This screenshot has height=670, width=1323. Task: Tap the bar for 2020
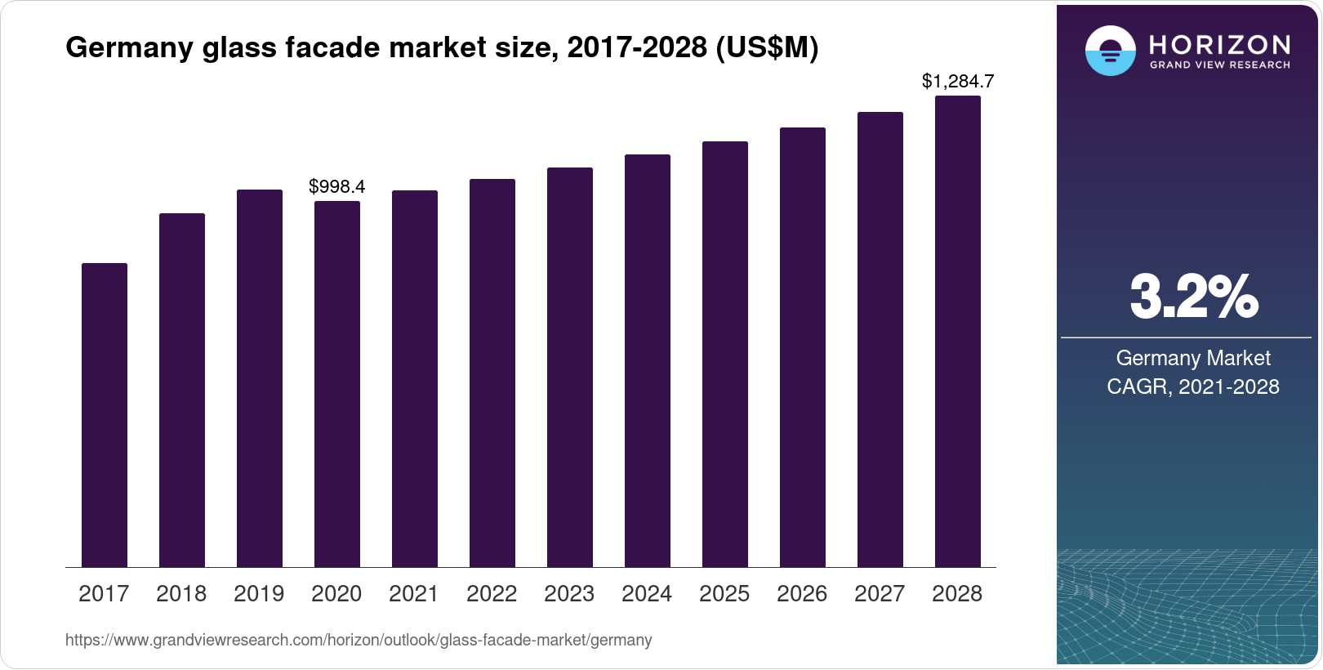click(337, 384)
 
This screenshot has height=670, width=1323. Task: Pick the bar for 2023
click(570, 368)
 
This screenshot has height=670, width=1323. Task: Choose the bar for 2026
click(803, 347)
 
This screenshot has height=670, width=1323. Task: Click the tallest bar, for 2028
click(958, 332)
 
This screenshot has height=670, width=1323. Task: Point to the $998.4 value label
click(337, 186)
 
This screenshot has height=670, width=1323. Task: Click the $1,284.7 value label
click(958, 81)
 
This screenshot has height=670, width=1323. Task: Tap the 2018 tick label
click(181, 594)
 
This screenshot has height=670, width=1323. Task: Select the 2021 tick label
click(414, 594)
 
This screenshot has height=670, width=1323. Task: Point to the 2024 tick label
click(647, 594)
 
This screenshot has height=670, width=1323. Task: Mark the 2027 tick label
click(880, 594)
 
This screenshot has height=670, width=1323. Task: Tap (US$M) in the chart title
click(767, 48)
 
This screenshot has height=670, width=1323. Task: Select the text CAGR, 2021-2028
click(1193, 386)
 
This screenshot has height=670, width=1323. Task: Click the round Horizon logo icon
click(1110, 51)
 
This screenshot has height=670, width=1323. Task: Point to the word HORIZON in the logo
click(1219, 44)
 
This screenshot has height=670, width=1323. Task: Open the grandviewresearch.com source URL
click(359, 641)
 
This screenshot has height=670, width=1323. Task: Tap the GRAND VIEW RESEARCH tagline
click(1219, 65)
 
